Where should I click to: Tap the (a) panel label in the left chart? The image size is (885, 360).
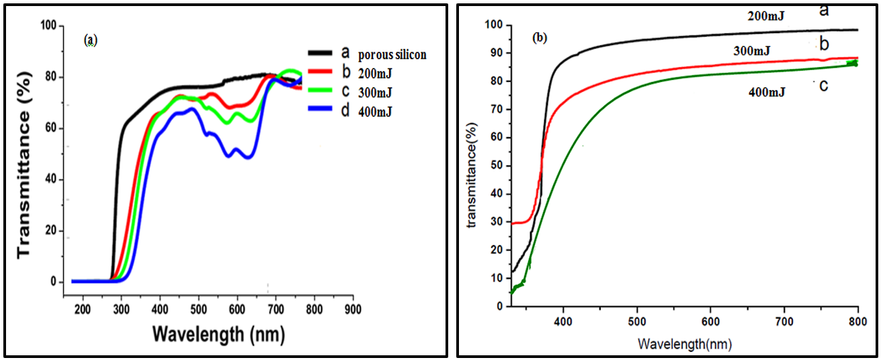pos(91,41)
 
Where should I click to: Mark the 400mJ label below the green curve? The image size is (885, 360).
pos(767,93)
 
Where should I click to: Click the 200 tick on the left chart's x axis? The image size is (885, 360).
pos(82,310)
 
